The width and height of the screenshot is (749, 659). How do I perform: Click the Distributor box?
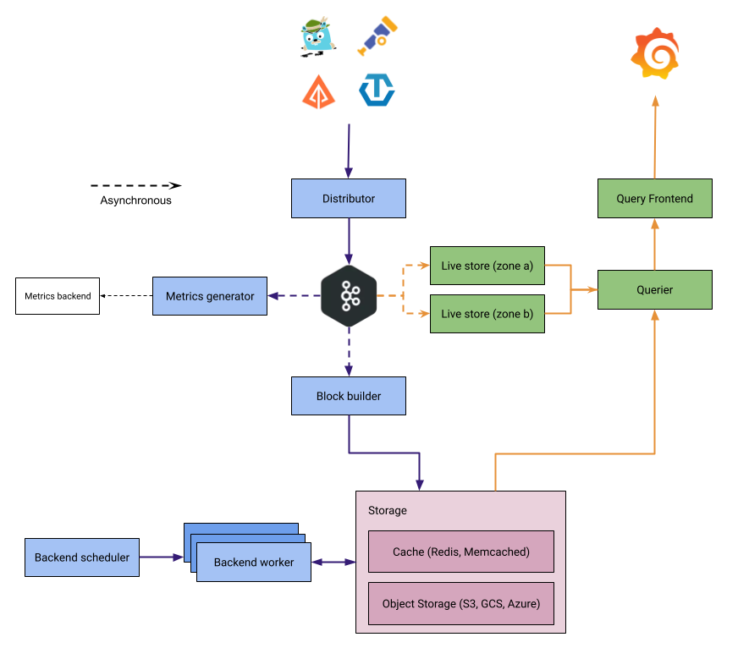point(348,199)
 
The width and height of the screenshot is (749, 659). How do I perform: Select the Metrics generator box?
point(210,296)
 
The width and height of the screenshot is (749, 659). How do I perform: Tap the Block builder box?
point(348,396)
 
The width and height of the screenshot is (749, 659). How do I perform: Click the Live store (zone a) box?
point(487,266)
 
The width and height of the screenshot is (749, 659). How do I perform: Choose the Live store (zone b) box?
point(487,314)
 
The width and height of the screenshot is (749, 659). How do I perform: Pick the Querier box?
point(654,289)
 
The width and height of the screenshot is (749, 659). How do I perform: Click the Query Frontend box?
point(654,199)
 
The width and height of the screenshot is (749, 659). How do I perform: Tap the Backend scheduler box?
point(82,557)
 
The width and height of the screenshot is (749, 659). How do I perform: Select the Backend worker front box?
point(254,563)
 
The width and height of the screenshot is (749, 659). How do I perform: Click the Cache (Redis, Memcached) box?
point(461,552)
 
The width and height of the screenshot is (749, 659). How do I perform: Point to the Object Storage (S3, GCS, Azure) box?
point(461,604)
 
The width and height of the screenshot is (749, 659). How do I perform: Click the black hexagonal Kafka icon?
point(348,296)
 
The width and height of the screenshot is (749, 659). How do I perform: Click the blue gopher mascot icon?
point(317,36)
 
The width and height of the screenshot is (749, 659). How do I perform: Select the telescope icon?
point(377,36)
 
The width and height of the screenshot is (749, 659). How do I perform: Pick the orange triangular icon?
point(318,91)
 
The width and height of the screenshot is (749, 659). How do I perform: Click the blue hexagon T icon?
point(377,90)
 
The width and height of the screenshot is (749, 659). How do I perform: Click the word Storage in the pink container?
point(388,511)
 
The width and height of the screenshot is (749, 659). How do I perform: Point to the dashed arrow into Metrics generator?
point(293,296)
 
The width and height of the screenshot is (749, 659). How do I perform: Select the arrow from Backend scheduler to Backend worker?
point(161,557)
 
